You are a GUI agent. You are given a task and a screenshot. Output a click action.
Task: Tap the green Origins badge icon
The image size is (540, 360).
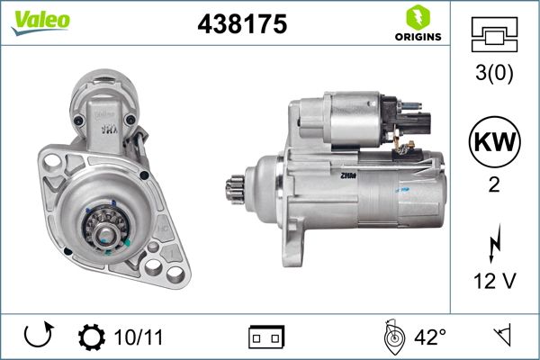[x=416, y=17]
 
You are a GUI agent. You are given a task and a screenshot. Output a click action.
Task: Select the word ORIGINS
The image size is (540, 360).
[x=417, y=38]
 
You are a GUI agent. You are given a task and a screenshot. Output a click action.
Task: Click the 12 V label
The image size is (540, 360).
[x=495, y=283]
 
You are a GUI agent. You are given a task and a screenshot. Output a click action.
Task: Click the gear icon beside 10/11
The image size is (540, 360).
[x=92, y=337]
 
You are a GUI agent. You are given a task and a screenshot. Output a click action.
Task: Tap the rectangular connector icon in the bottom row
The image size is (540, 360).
[x=266, y=337]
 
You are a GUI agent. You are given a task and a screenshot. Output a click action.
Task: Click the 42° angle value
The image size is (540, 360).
[x=430, y=337]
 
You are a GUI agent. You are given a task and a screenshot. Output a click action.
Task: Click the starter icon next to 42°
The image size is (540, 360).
[x=392, y=336]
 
